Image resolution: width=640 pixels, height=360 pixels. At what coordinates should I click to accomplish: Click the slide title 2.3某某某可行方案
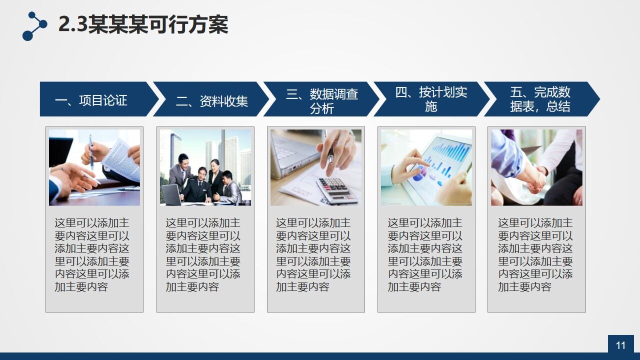tap(143, 24)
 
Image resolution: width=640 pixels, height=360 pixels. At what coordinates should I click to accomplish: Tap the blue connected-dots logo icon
tap(34, 26)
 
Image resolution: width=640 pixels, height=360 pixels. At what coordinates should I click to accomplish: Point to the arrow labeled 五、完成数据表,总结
tap(540, 99)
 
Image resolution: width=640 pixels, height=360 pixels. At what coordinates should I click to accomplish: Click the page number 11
tap(620, 345)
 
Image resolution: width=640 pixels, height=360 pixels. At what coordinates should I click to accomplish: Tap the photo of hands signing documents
tap(94, 167)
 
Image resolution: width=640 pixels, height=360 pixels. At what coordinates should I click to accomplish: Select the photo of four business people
tap(205, 167)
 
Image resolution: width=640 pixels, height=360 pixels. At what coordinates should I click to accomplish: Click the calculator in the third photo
tap(336, 190)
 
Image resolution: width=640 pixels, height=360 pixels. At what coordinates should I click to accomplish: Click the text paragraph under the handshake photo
tap(535, 254)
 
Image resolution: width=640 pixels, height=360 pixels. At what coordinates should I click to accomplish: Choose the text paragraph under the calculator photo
tap(313, 254)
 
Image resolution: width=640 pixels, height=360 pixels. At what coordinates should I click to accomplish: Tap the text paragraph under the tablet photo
tap(425, 254)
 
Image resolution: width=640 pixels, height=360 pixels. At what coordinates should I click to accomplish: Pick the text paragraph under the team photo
tap(203, 254)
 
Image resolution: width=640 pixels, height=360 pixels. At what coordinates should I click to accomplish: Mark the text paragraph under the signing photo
tap(92, 254)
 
